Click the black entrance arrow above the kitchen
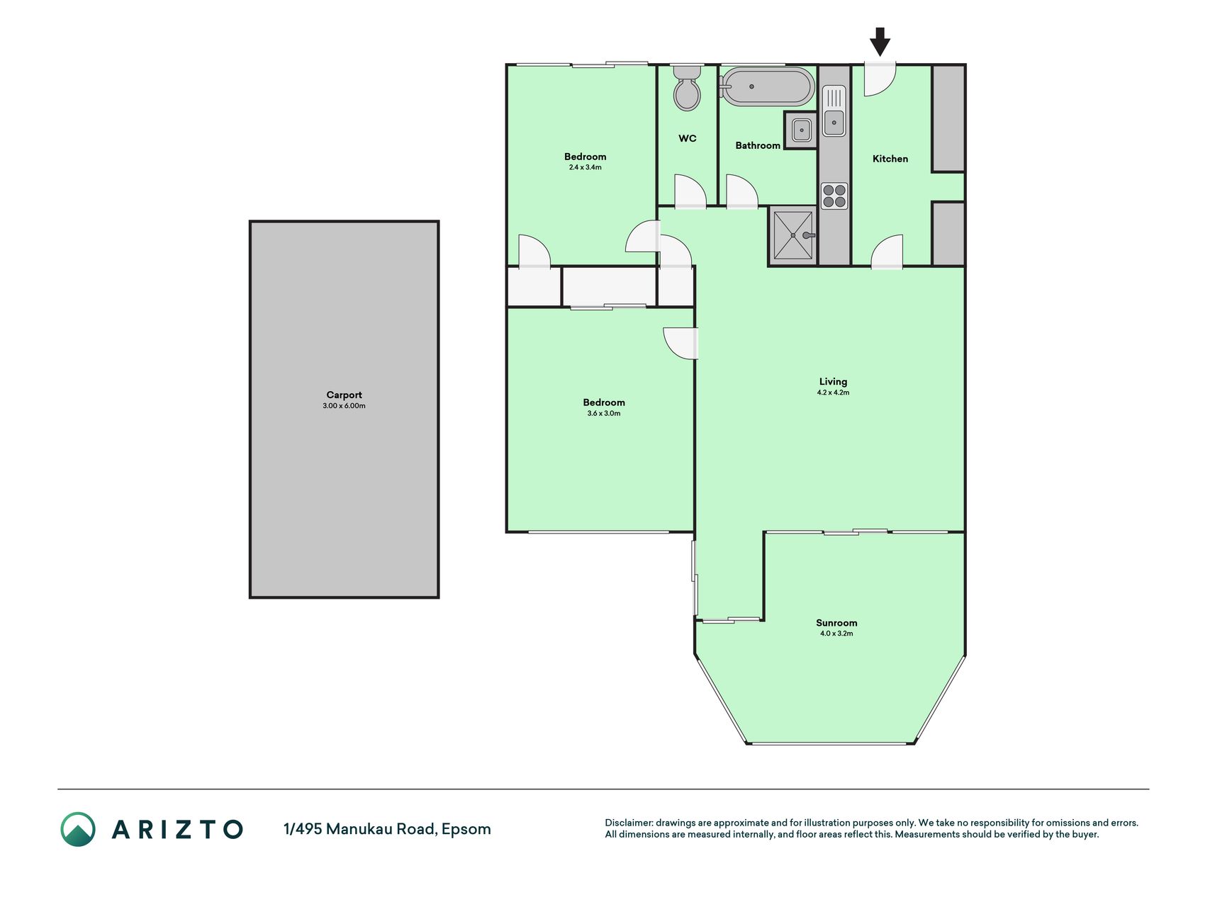(x=880, y=42)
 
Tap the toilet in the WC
(x=687, y=88)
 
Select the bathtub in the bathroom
(x=766, y=86)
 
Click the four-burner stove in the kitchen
(x=834, y=196)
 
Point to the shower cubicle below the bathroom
(x=793, y=236)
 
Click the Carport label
(x=344, y=395)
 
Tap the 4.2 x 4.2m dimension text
(x=833, y=393)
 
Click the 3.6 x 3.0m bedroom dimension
(x=604, y=414)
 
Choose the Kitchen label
(x=890, y=159)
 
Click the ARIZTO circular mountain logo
(x=78, y=829)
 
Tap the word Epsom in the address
(x=466, y=830)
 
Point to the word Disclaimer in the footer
(x=628, y=823)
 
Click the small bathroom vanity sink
(x=802, y=130)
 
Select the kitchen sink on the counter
(x=834, y=111)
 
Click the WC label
(x=688, y=139)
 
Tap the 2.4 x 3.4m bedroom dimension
(x=585, y=168)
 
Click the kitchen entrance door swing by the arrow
(x=880, y=79)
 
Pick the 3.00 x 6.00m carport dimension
(x=344, y=406)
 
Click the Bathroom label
(x=758, y=146)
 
